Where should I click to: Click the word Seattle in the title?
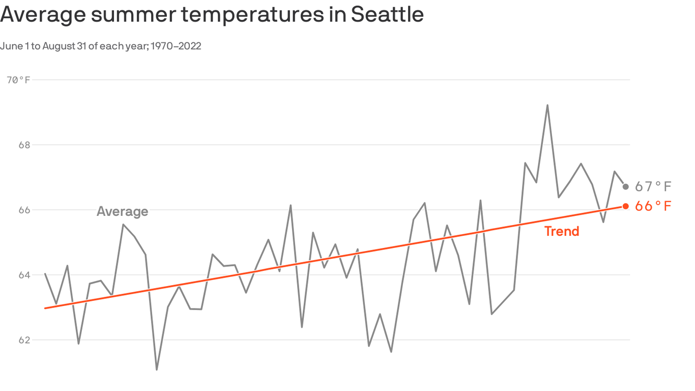[387, 14]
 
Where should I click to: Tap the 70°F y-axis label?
[18, 80]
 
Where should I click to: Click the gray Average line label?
[122, 211]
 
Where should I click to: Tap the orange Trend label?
[562, 231]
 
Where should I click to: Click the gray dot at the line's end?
[625, 187]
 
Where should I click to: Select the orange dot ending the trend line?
[625, 206]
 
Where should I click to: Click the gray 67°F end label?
[653, 186]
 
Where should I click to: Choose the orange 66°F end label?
[653, 206]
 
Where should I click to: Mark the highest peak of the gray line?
[547, 105]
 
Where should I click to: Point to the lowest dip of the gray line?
[157, 370]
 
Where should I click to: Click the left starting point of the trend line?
[45, 308]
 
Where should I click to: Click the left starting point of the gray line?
[45, 274]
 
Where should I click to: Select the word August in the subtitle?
[58, 46]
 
